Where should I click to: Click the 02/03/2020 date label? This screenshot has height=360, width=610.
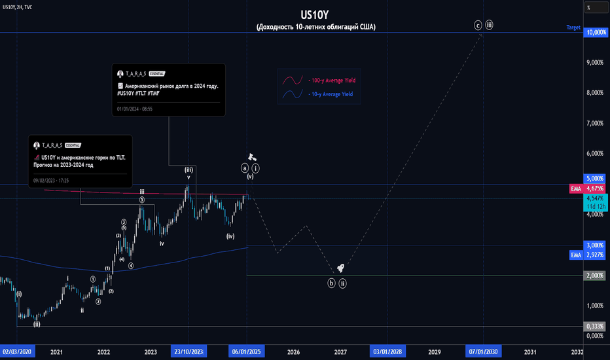click(x=18, y=351)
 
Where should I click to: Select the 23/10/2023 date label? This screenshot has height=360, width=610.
click(x=188, y=351)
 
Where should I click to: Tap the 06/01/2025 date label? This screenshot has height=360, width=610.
click(x=247, y=351)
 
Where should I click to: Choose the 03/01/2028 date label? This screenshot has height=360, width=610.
click(x=387, y=351)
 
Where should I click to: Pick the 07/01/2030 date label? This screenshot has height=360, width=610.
click(x=483, y=351)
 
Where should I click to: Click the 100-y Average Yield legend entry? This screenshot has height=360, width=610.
click(x=331, y=80)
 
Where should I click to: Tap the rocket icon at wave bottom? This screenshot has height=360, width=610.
click(x=340, y=268)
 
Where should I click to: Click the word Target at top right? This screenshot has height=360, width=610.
click(x=573, y=27)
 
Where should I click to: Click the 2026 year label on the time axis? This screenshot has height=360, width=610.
click(x=293, y=351)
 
